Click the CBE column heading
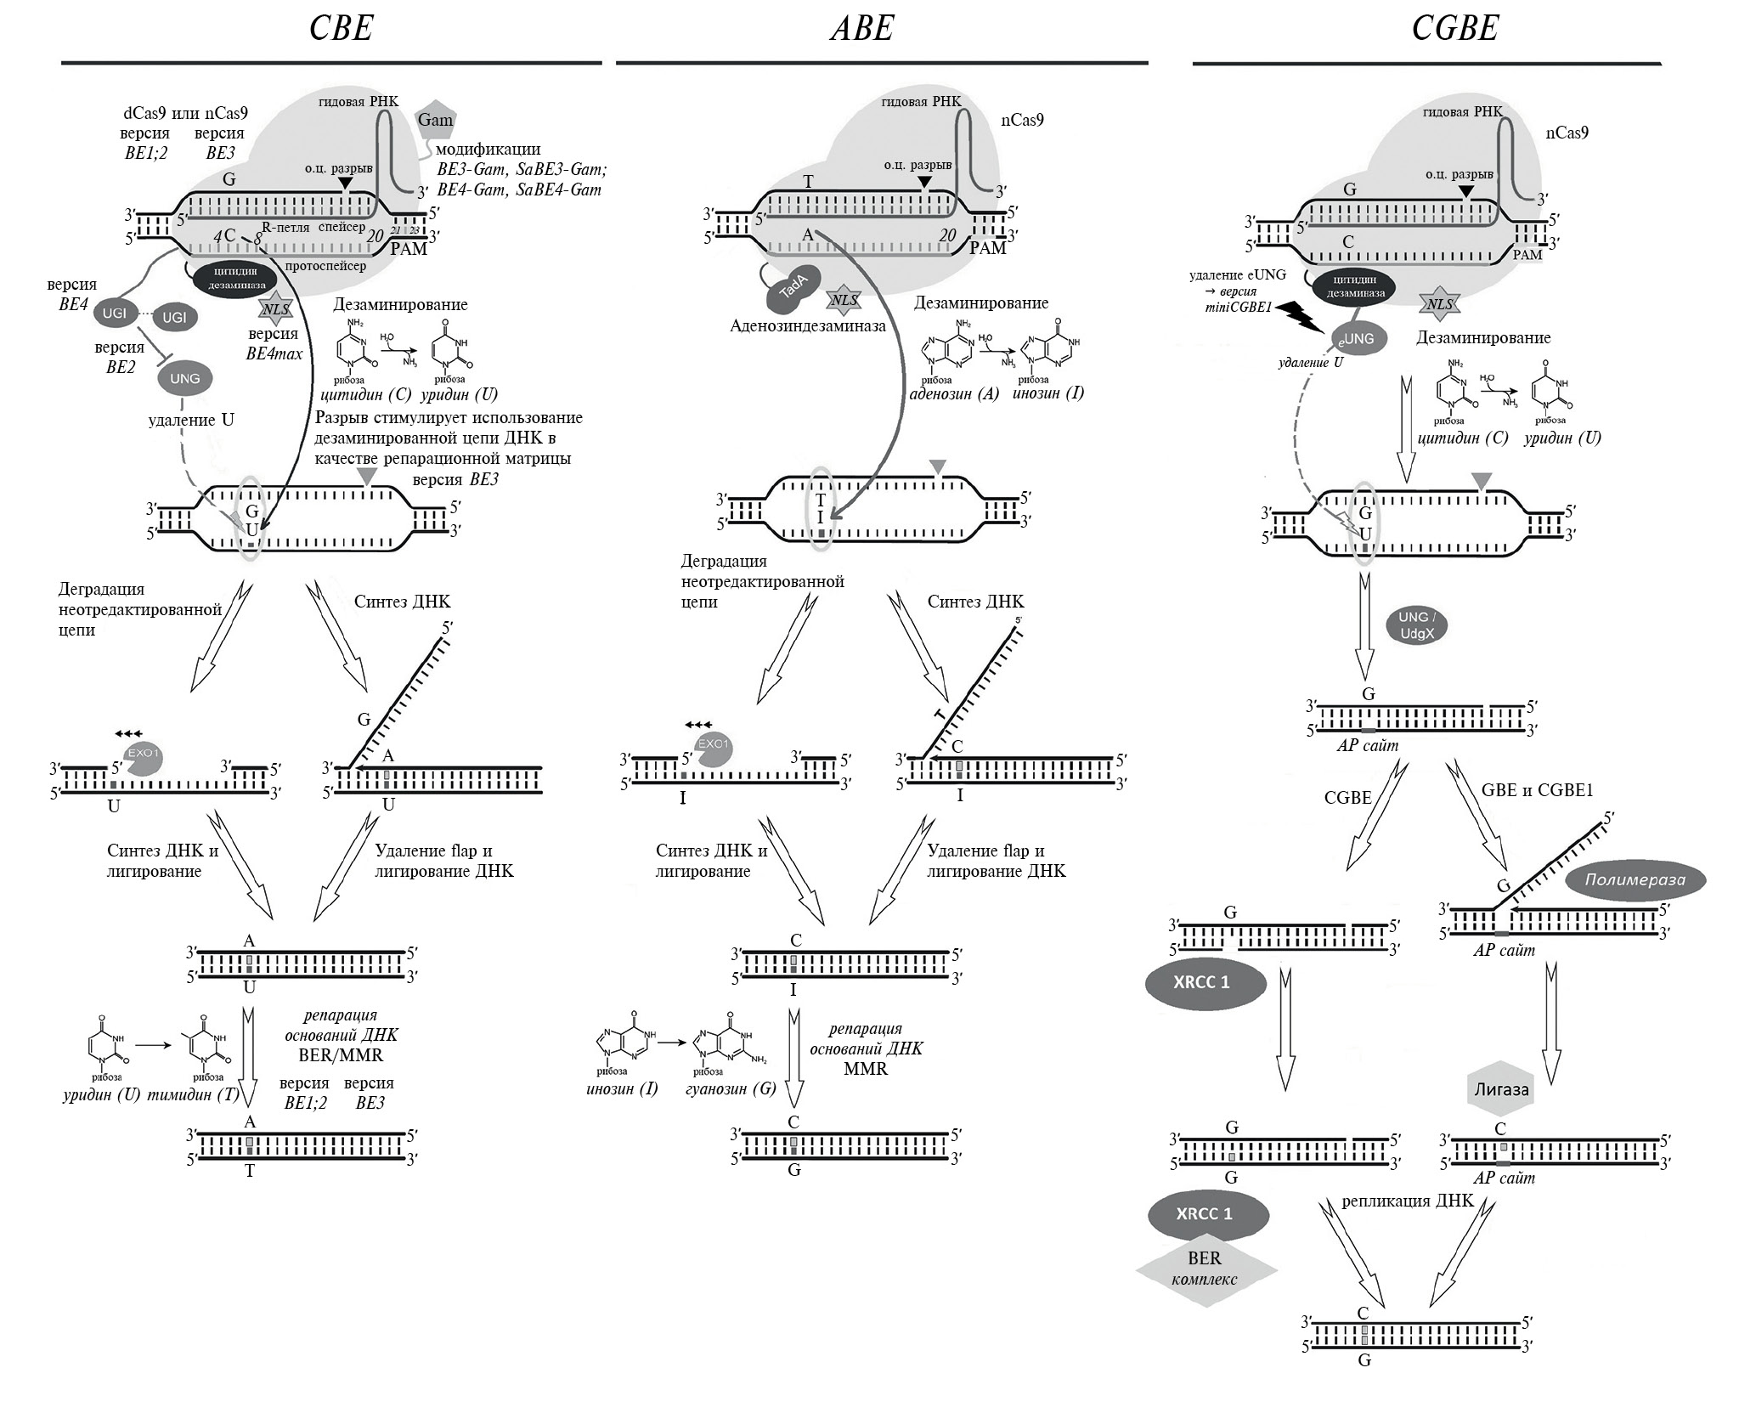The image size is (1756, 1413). pos(341,29)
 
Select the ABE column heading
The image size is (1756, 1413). pos(861,29)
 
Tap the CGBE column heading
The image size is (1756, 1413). pos(1454,29)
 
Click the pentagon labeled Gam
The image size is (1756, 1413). pos(435,121)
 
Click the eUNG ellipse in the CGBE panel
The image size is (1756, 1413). pos(1357,338)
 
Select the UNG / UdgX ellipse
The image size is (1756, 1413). pos(1416,625)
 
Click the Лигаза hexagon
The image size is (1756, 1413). pos(1501,1089)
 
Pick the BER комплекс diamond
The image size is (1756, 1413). pos(1206,1270)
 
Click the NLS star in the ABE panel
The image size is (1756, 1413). pos(845,300)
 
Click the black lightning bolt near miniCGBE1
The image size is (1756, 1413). pos(1294,316)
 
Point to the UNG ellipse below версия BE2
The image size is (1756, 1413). pos(184,378)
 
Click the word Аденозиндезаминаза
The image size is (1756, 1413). pos(807,325)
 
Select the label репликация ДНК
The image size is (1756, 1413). pos(1408,1201)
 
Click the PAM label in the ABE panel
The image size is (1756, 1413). pos(988,248)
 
